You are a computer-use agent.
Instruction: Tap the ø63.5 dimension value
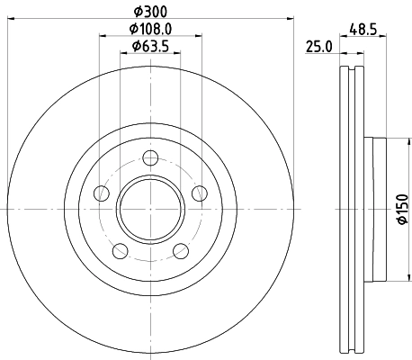tap(150, 46)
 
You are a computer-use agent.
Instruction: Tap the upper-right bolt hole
tap(199, 193)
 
